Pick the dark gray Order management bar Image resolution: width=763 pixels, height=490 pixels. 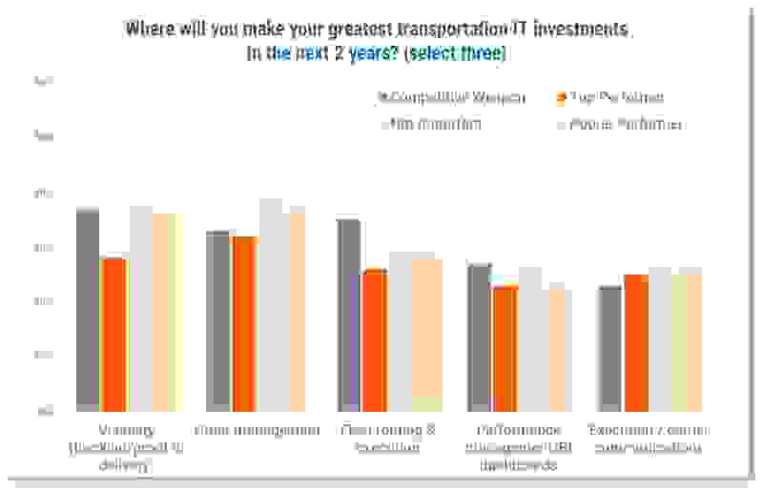tap(218, 320)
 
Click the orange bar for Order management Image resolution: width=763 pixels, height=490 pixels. tap(244, 323)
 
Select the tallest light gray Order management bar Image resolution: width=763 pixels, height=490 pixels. tap(271, 305)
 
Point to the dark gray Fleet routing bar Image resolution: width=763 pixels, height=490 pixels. tap(348, 315)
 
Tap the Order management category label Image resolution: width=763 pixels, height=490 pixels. tap(258, 430)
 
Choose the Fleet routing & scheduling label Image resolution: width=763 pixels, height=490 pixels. tap(380, 439)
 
